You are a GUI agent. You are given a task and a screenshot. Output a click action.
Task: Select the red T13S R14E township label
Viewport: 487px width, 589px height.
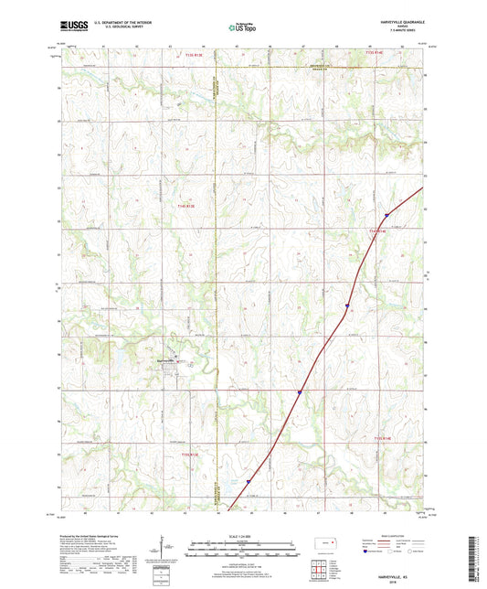376,54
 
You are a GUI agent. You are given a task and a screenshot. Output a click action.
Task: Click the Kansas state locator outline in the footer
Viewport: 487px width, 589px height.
327,546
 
